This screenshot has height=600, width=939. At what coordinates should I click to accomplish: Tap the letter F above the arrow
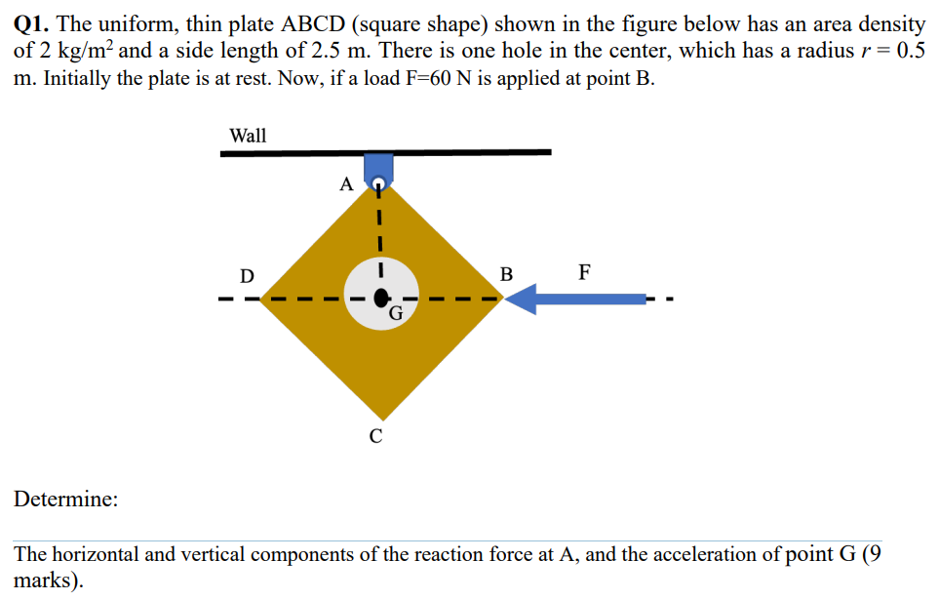pyautogui.click(x=583, y=271)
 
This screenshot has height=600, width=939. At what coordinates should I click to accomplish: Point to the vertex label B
pyautogui.click(x=505, y=274)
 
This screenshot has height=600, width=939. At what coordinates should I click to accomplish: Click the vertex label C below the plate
pyautogui.click(x=376, y=436)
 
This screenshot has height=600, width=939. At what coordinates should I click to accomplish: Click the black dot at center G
pyautogui.click(x=382, y=297)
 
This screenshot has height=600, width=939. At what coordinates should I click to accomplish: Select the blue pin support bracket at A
pyautogui.click(x=377, y=166)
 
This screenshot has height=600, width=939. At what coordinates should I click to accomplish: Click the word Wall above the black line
pyautogui.click(x=248, y=136)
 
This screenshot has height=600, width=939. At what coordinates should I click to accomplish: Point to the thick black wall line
pyautogui.click(x=468, y=152)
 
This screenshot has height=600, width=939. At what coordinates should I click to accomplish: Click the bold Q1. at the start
pyautogui.click(x=32, y=23)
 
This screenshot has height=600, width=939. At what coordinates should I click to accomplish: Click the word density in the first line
pyautogui.click(x=889, y=23)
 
